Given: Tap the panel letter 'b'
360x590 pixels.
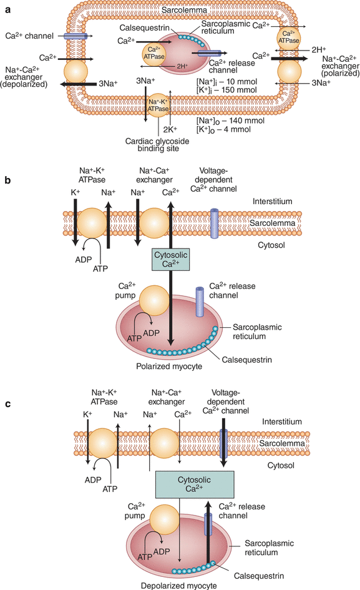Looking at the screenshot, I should pos(7,180).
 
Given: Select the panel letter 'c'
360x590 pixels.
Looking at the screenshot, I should pos(7,405).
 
